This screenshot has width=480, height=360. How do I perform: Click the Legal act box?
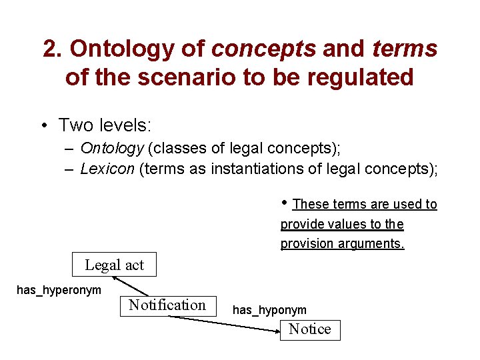(114, 265)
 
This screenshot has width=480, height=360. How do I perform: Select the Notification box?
(167, 305)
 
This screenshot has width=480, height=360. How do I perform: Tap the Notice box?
(310, 329)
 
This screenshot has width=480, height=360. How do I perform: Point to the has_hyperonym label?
(59, 289)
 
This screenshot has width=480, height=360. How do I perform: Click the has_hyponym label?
(269, 310)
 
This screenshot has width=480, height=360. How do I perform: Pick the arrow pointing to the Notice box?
(227, 322)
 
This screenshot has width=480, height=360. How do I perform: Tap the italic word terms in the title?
(405, 49)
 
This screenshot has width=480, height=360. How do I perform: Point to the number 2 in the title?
(50, 49)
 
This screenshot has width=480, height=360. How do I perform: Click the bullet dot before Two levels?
(43, 125)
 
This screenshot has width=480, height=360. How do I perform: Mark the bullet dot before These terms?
(285, 202)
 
